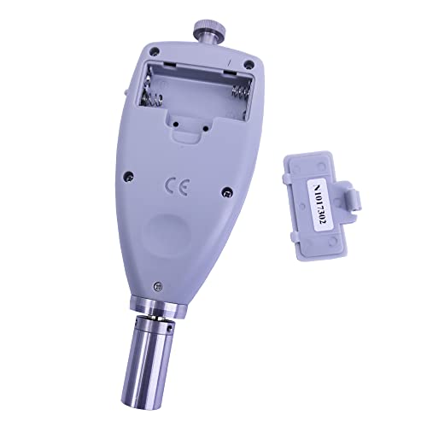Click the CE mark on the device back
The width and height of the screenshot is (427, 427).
click(177, 186)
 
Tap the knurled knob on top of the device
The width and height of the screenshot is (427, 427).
click(210, 27)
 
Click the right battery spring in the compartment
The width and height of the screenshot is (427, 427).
click(242, 91)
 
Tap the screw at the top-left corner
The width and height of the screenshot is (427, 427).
click(155, 51)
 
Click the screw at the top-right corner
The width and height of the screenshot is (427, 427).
click(249, 64)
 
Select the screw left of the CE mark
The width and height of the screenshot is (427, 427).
click(129, 176)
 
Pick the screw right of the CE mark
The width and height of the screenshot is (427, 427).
click(227, 192)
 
